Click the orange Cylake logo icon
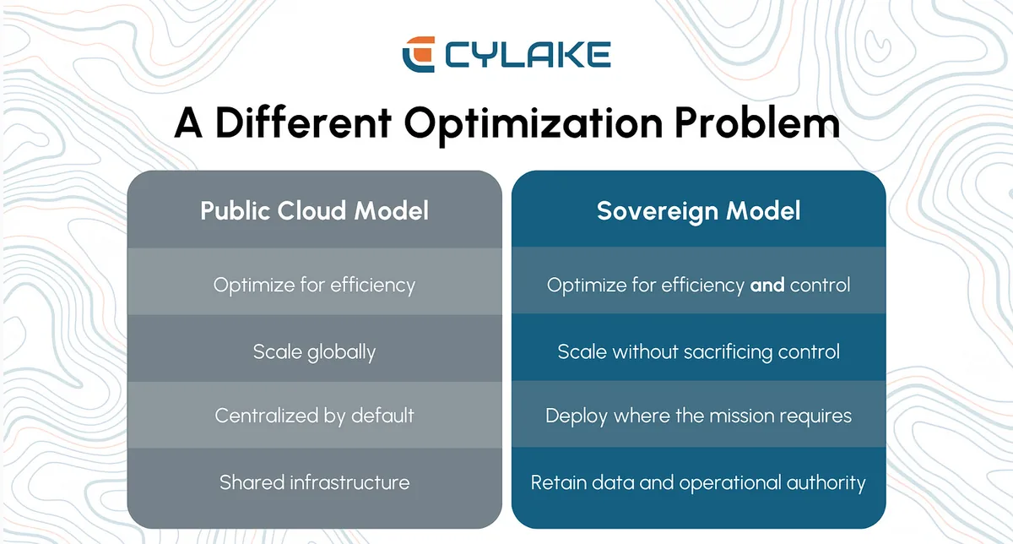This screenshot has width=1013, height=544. pos(419,54)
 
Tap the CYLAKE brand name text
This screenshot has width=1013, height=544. pos(528,55)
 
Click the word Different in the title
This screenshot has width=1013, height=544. pos(303,122)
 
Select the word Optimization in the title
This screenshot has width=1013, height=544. pos(534,125)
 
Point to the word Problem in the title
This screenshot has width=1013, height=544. pos(757,122)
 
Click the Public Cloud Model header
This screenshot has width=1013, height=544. pos(314,210)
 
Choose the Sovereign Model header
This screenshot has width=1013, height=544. pos(699,211)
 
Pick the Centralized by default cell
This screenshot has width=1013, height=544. pos(314,416)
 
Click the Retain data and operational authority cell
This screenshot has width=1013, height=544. pos(699,483)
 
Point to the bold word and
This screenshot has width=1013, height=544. pos(767,286)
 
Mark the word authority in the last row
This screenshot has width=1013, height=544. pos(826,483)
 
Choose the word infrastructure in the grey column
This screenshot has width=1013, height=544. pos(349,482)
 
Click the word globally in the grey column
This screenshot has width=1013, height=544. pos(341,352)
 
